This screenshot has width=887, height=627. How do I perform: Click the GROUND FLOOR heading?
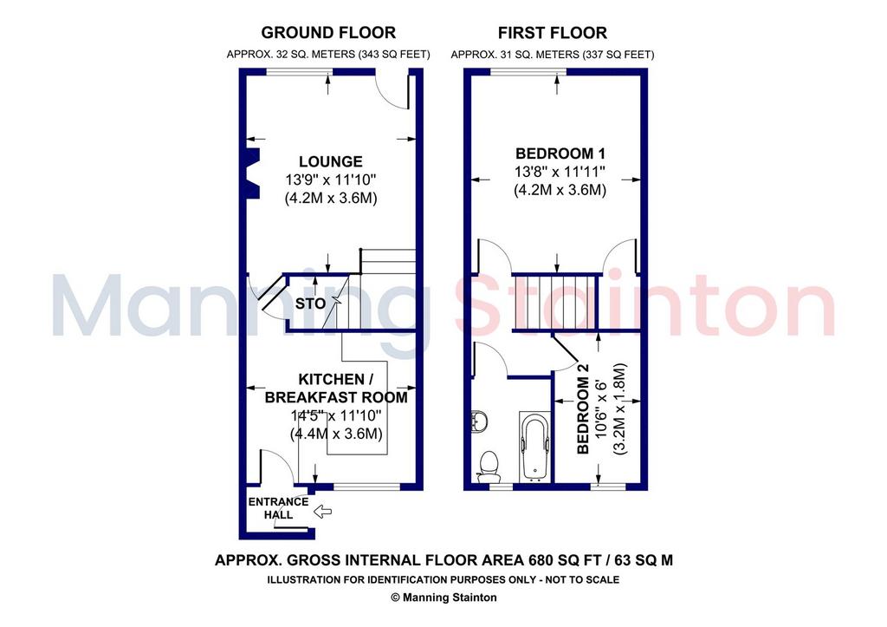point(328,33)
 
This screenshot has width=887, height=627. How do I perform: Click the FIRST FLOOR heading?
point(553,33)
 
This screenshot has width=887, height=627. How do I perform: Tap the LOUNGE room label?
point(331,161)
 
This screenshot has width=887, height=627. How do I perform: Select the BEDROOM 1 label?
point(560,153)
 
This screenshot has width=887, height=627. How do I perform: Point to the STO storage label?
point(311,304)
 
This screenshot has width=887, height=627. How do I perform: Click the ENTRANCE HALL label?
point(278,508)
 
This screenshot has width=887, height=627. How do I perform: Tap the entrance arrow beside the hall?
point(322,512)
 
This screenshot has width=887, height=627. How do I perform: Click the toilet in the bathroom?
point(487,467)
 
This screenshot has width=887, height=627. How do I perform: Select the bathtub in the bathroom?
point(534,447)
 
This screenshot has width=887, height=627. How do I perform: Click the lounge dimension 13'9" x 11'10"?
point(331,180)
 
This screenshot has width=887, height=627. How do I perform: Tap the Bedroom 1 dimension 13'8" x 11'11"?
point(560,171)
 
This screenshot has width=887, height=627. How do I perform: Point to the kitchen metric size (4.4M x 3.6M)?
point(337,434)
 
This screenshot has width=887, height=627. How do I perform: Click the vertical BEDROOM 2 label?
point(583,408)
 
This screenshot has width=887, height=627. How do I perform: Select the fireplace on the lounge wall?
point(253,173)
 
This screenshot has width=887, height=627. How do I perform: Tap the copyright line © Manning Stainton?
point(443,597)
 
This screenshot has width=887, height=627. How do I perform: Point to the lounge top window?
point(300,71)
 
